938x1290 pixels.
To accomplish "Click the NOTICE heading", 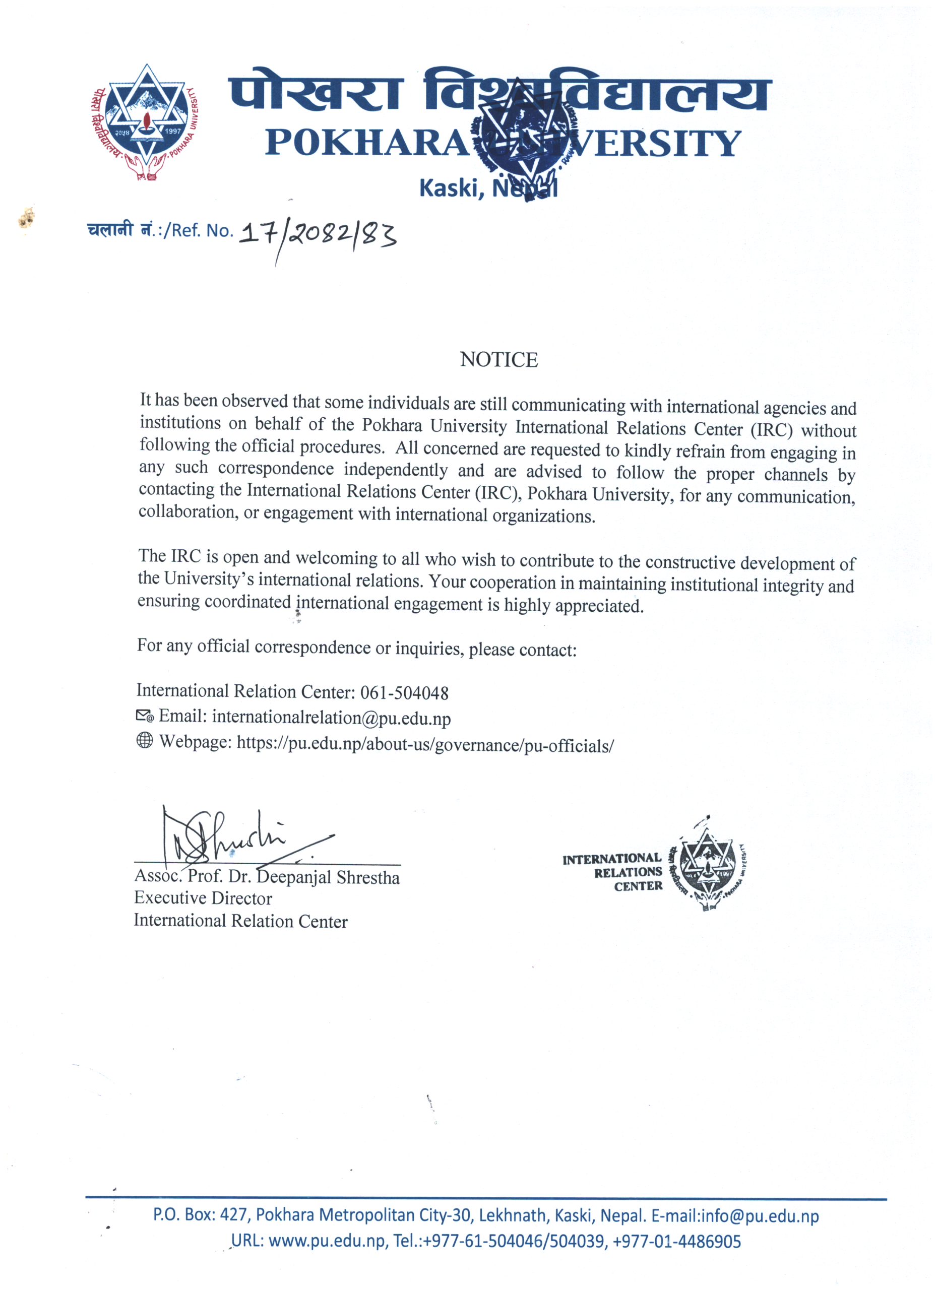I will point(498,359).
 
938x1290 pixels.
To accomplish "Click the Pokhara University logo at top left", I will point(146,122).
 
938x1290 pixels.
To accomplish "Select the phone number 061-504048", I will point(404,693).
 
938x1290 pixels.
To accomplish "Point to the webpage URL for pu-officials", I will point(425,745).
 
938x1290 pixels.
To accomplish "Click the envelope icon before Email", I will point(145,716).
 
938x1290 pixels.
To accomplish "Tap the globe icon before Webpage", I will point(145,741).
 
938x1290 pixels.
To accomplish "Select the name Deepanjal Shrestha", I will point(328,877).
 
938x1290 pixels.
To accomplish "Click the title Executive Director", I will point(203,898).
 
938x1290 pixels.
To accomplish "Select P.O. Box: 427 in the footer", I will point(201,1215).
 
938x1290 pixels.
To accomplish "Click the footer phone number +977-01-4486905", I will point(677,1241).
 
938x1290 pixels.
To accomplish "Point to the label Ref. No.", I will point(202,230).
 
